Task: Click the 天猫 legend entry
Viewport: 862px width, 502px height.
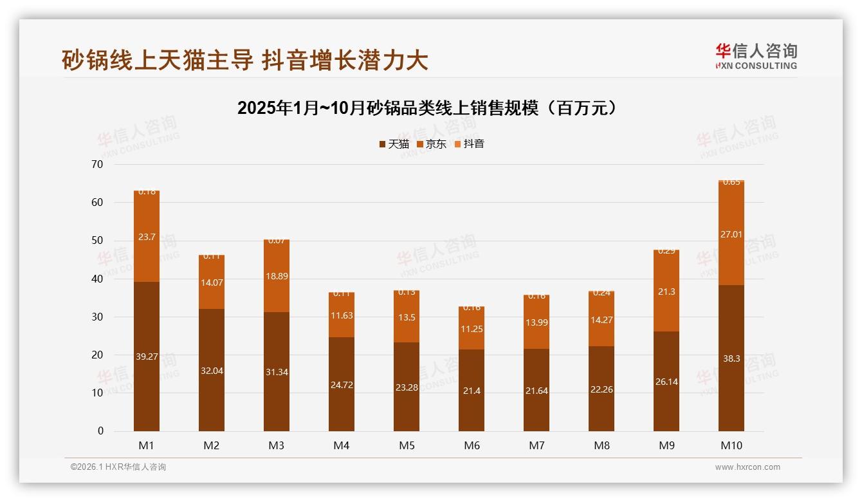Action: pyautogui.click(x=394, y=144)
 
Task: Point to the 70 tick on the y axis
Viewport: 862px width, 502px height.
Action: pyautogui.click(x=97, y=164)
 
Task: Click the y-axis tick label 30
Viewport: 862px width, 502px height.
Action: pyautogui.click(x=97, y=317)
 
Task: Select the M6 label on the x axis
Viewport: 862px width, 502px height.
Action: pyautogui.click(x=472, y=445)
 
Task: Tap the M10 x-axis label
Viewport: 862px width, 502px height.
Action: pyautogui.click(x=731, y=445)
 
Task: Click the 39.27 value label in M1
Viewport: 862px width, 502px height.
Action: pyautogui.click(x=147, y=357)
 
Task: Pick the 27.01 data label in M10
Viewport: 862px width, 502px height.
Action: pyautogui.click(x=731, y=234)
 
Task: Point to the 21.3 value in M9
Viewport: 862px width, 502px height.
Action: pyautogui.click(x=666, y=292)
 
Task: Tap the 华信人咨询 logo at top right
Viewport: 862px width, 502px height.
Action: pyautogui.click(x=756, y=56)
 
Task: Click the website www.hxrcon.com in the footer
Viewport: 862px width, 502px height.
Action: pyautogui.click(x=747, y=467)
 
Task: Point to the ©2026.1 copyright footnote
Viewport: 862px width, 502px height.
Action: pyautogui.click(x=118, y=467)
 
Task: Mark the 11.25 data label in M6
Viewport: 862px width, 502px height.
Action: pyautogui.click(x=472, y=329)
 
